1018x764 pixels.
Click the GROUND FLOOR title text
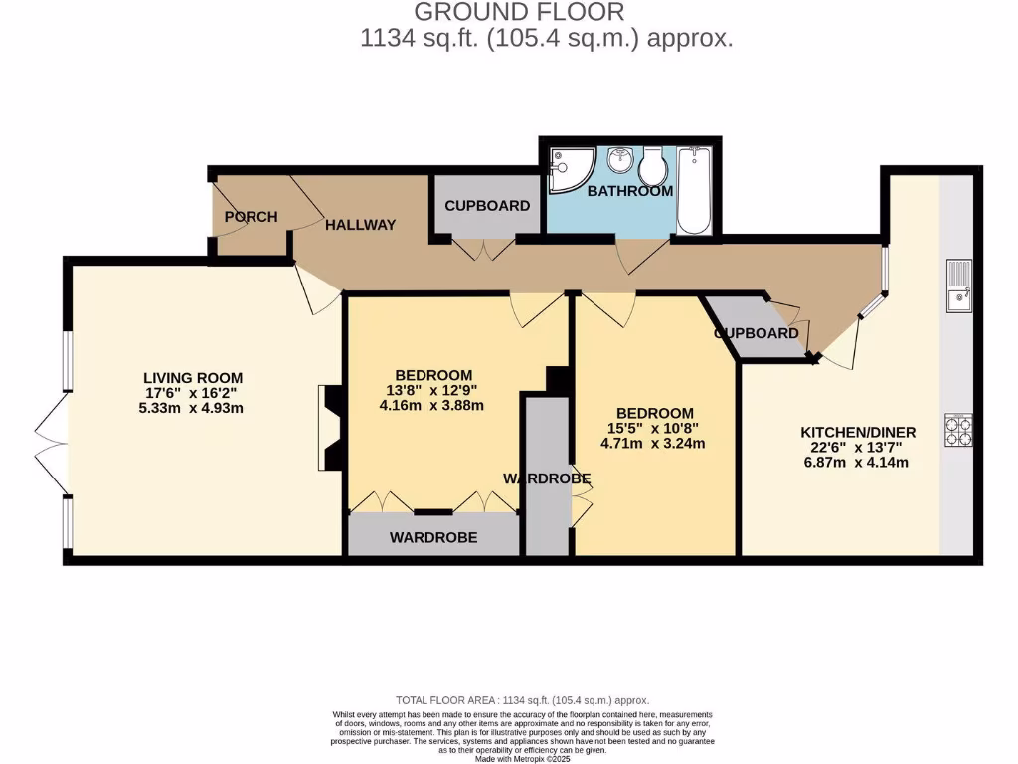tap(518, 13)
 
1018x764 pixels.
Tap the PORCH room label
tap(251, 217)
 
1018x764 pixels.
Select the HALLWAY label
tap(360, 225)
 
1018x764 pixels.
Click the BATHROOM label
tap(629, 191)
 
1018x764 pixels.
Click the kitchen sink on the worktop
tap(959, 285)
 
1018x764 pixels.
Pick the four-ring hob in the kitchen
tap(959, 430)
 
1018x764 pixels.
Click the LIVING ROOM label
tap(193, 378)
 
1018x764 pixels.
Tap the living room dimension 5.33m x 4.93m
tap(192, 407)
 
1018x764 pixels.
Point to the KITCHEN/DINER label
tap(858, 433)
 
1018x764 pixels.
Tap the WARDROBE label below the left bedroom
tap(433, 537)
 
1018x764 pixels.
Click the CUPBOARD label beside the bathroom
tap(487, 206)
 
